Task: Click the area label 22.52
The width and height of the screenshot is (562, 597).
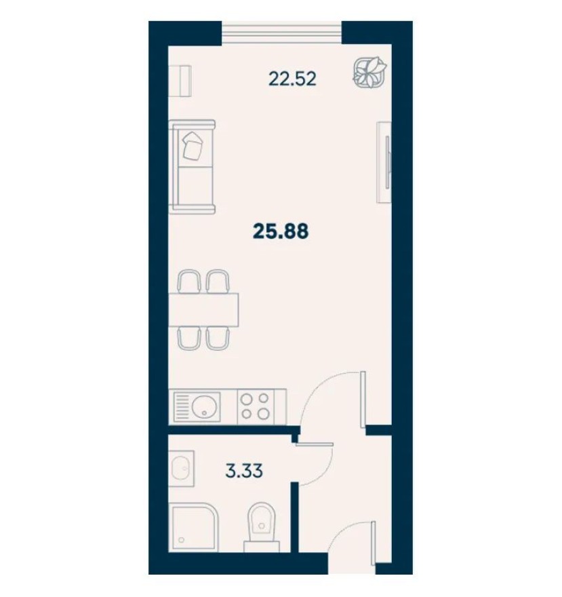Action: [x=293, y=79]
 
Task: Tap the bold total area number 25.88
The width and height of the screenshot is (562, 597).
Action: [x=281, y=232]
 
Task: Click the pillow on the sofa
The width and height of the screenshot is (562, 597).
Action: [x=193, y=145]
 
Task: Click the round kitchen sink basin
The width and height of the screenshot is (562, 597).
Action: [x=203, y=407]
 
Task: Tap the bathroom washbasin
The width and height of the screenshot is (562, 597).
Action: [x=182, y=469]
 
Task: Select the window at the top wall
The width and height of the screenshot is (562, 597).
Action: [x=281, y=33]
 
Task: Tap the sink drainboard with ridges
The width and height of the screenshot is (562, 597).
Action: [x=182, y=407]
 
